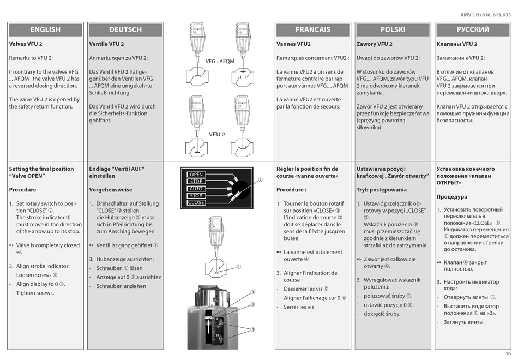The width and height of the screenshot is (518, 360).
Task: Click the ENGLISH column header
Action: [x=45, y=29]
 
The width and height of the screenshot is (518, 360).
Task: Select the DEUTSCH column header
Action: [x=125, y=29]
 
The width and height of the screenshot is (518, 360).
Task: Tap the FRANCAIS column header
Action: [x=312, y=29]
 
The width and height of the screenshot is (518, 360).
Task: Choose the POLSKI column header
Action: [x=393, y=29]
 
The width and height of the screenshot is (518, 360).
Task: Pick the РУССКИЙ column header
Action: [x=473, y=29]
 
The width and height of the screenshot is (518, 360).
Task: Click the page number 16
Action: [x=508, y=354]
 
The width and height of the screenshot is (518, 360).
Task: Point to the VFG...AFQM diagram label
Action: [x=220, y=61]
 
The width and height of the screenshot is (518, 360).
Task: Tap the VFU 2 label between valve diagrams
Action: [x=217, y=134]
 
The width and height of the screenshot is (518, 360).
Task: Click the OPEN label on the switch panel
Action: [x=196, y=175]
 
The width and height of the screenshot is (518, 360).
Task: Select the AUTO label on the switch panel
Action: [x=196, y=189]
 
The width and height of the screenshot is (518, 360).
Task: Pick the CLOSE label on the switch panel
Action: [x=196, y=202]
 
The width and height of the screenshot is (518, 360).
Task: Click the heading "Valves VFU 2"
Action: [x=26, y=44]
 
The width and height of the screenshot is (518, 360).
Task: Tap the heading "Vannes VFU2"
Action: [x=293, y=44]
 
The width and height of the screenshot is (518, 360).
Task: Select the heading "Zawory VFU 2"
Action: [x=374, y=44]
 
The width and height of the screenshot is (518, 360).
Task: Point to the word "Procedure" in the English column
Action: [x=22, y=190]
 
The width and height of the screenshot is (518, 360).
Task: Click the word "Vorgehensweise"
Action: [x=111, y=190]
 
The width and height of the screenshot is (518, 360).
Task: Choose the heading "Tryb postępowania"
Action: [x=381, y=190]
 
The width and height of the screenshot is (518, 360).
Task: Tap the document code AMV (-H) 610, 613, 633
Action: [x=483, y=15]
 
